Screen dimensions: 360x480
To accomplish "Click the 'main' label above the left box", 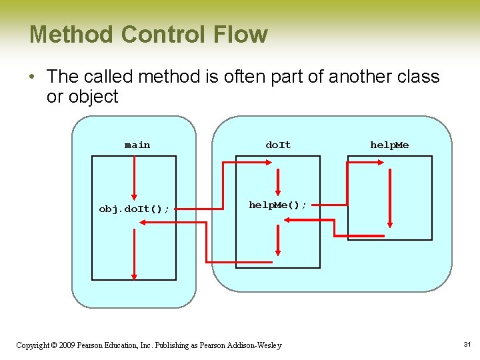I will click(x=137, y=145).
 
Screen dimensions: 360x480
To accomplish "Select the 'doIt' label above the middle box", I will click(x=278, y=145).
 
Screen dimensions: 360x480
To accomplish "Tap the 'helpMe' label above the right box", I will click(x=390, y=145).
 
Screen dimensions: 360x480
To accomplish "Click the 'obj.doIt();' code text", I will click(x=133, y=209).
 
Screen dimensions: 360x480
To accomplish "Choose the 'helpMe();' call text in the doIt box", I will click(x=278, y=205).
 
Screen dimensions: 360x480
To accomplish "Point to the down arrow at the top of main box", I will click(x=135, y=178).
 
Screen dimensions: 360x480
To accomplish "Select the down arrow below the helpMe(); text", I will click(x=278, y=240).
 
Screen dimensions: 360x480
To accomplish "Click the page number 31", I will click(x=467, y=344).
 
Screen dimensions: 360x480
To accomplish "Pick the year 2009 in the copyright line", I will click(x=67, y=345).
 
